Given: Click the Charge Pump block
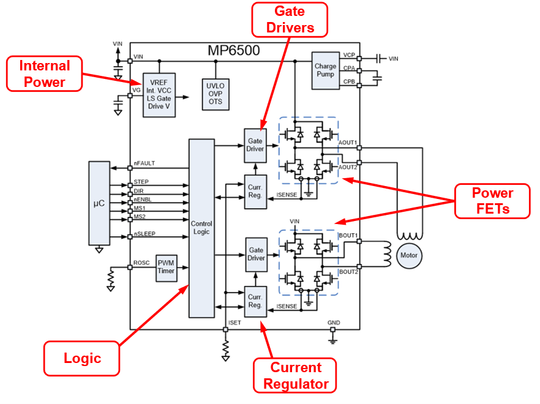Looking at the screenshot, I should tap(325, 70).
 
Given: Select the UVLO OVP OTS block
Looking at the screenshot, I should tap(216, 94).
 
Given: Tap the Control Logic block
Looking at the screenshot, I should tap(201, 228).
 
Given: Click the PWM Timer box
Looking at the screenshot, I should tap(166, 267).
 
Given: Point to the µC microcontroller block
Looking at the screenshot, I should tap(99, 202).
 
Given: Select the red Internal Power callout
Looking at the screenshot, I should tap(45, 74).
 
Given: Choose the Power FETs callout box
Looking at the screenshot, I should tap(492, 201).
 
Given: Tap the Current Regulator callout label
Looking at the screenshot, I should tap(296, 376).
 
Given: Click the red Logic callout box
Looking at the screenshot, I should tap(82, 358).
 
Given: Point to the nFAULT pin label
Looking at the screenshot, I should tap(144, 163).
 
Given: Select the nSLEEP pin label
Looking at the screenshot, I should tap(144, 234).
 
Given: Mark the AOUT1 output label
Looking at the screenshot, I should tap(348, 143).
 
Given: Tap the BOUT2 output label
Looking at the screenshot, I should tap(348, 271).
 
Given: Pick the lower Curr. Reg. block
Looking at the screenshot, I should tap(255, 301).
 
